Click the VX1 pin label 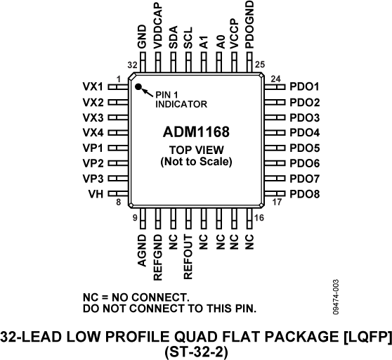(x=93, y=87)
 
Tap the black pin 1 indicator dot (x=139, y=89)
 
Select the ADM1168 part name (x=196, y=132)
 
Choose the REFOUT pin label (x=188, y=251)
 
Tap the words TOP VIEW (x=196, y=150)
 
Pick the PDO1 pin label (x=304, y=87)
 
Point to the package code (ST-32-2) (x=196, y=351)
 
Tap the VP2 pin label (x=93, y=163)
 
